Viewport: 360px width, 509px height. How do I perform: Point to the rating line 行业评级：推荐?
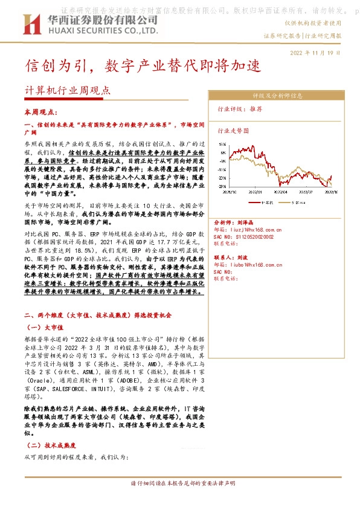coord(239,109)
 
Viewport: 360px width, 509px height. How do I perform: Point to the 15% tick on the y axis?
coord(223,144)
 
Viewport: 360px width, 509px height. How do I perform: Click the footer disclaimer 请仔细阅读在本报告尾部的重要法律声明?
coord(184,484)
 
